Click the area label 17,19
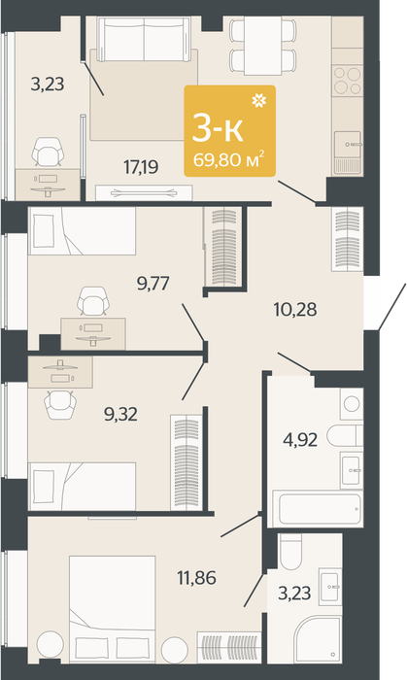coord(141,167)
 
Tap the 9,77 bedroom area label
coord(153,284)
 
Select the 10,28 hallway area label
coord(295,310)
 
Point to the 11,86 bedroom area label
coord(196,578)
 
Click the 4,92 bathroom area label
coord(300,440)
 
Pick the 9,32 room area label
coord(120,414)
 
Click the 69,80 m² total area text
coord(229,160)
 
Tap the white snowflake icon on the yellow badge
coord(258,101)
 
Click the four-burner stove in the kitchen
coord(348,81)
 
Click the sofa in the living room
coord(145,39)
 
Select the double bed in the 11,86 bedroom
coord(113,609)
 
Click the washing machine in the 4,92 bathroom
coord(352,404)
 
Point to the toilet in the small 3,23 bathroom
coord(290,551)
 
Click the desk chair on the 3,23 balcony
coord(49,153)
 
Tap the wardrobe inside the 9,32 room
coord(187,462)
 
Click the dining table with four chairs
coord(262,46)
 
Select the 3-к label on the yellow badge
coord(218,129)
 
